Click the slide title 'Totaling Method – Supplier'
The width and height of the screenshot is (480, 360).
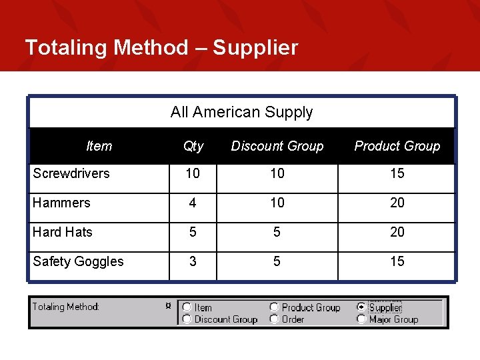(161, 47)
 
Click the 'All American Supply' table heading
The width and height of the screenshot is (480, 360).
(241, 112)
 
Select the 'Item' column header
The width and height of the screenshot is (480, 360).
(99, 146)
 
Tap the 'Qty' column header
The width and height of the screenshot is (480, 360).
(193, 146)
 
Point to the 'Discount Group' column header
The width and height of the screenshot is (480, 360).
(277, 146)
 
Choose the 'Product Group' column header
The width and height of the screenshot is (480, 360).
(397, 146)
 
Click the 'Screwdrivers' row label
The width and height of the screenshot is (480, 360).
(71, 173)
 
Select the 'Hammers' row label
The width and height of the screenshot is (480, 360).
(61, 203)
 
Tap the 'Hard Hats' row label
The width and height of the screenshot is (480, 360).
(63, 232)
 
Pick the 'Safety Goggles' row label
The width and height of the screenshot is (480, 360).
(78, 261)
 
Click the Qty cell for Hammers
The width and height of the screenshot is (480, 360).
(193, 203)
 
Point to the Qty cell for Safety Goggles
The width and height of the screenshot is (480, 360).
(193, 261)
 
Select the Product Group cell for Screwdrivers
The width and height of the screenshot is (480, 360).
(397, 173)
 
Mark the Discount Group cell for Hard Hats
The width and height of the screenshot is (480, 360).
(277, 232)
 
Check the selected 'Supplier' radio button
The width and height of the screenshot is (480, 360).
(361, 307)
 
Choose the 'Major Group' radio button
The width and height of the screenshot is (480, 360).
(361, 319)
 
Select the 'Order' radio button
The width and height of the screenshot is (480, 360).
(274, 319)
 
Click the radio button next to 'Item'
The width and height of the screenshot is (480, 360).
(187, 307)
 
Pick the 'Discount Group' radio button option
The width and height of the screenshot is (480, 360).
(187, 319)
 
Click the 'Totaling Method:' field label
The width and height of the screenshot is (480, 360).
(65, 307)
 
